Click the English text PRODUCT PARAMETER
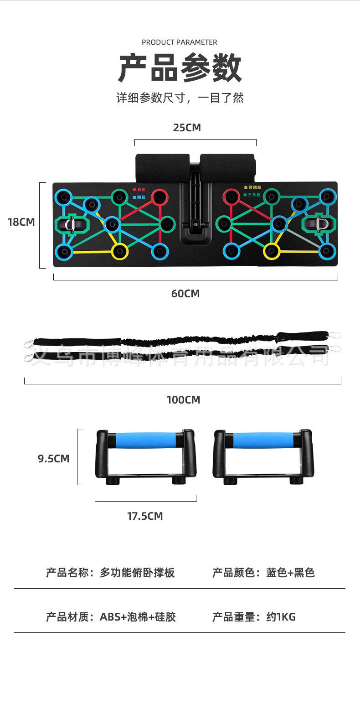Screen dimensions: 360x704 coord(180,42)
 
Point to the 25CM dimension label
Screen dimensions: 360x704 coord(187,128)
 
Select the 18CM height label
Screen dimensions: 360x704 coord(21,223)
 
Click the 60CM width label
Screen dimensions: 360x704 coord(185,294)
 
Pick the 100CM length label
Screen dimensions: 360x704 coord(183,400)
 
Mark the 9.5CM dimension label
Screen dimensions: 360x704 coord(54,459)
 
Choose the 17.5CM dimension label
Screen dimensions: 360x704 coord(145,516)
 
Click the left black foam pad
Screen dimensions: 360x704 coord(162,168)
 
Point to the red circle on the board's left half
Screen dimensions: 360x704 coord(159,197)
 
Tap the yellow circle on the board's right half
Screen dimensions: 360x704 coord(272,250)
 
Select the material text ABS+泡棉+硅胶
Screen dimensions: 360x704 coord(138,617)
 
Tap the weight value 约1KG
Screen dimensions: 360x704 coord(281,617)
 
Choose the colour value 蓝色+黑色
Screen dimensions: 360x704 coord(290,573)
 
